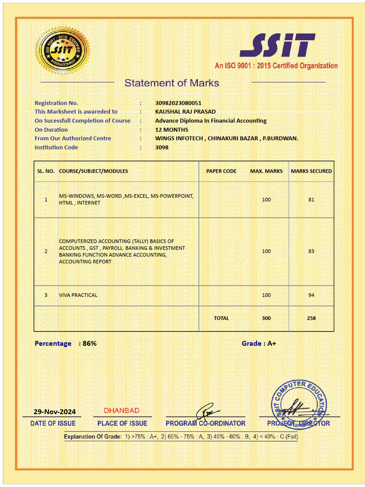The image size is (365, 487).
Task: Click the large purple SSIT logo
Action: pyautogui.click(x=277, y=45)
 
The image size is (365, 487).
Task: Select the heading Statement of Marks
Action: pyautogui.click(x=172, y=83)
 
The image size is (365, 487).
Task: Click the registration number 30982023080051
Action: pyautogui.click(x=178, y=103)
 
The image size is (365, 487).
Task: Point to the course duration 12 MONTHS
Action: pyautogui.click(x=172, y=130)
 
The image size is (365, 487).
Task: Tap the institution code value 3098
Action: pyautogui.click(x=162, y=147)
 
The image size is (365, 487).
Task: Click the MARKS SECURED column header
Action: pyautogui.click(x=311, y=171)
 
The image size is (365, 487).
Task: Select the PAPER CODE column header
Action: pyautogui.click(x=221, y=171)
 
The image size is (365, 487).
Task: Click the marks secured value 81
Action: pyautogui.click(x=311, y=200)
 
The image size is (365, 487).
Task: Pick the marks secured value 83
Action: pyautogui.click(x=311, y=251)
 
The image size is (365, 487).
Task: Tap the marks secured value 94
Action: pyautogui.click(x=311, y=295)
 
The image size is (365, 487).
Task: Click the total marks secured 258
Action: pyautogui.click(x=311, y=318)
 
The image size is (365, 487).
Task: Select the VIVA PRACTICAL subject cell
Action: pyautogui.click(x=78, y=295)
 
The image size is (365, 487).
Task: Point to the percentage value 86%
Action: pyautogui.click(x=89, y=343)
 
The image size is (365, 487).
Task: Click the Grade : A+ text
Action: pyautogui.click(x=259, y=343)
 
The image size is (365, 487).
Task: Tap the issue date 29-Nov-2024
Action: pyautogui.click(x=54, y=412)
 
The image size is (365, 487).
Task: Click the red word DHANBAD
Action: pyautogui.click(x=122, y=410)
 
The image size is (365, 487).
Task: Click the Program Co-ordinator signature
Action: pyautogui.click(x=207, y=410)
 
